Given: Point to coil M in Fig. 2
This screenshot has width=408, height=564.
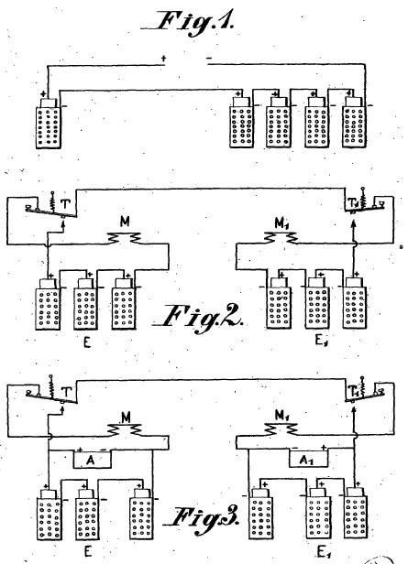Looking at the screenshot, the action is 125,237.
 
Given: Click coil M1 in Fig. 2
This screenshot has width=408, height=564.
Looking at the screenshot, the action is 281,236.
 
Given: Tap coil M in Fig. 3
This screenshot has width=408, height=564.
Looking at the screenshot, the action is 126,428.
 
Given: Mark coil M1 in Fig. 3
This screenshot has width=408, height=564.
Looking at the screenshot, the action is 281,428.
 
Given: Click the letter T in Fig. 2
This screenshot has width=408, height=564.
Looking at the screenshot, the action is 65,204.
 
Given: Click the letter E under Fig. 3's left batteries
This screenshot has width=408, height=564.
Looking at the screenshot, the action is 87,551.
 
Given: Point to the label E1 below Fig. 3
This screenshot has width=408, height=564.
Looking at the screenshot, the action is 324,552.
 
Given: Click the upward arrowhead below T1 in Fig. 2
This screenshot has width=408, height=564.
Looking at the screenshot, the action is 353,224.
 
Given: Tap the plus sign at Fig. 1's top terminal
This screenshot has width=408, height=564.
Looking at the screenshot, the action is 164,58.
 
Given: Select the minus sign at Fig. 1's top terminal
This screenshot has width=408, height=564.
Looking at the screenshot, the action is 210,58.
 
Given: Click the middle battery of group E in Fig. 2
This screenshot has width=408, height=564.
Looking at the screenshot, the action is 85,304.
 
